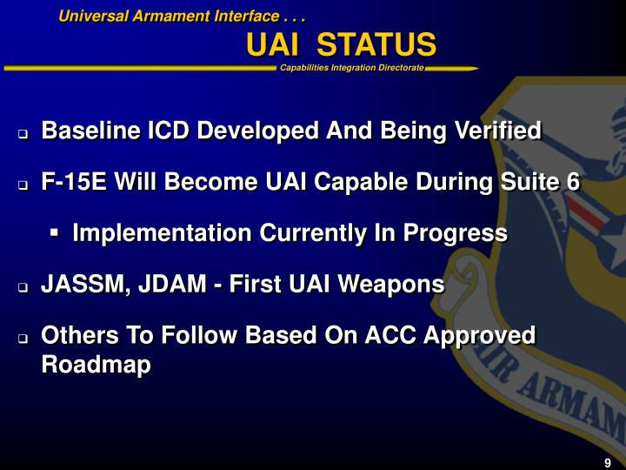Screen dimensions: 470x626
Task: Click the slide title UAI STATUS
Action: point(341,44)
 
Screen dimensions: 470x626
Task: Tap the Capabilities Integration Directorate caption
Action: point(352,68)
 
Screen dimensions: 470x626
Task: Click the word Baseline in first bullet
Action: point(91,131)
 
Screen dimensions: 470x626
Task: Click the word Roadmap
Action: point(96,365)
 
